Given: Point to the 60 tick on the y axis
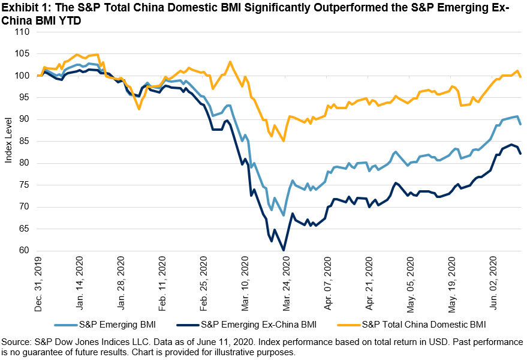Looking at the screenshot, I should pos(24,251).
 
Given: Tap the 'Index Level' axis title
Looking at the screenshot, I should pos(8,142).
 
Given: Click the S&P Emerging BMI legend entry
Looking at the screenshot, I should pos(107,325).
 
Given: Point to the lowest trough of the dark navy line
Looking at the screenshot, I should pos(284,250).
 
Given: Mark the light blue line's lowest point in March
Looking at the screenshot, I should pos(284,215).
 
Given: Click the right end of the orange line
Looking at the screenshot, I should pos(520,77).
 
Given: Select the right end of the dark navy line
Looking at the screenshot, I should pos(520,154).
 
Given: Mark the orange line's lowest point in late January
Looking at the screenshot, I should pos(139,109).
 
